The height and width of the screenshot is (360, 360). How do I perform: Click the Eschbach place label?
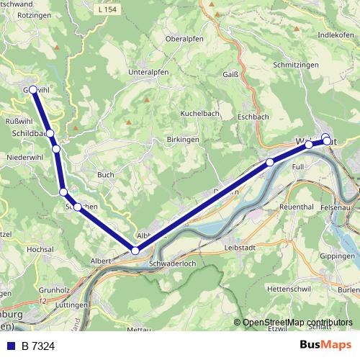point(253,115)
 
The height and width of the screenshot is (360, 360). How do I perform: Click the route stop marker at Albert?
point(135,250)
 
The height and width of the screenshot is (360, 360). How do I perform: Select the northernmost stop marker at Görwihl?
point(32,90)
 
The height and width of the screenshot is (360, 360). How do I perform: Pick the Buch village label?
point(105,174)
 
